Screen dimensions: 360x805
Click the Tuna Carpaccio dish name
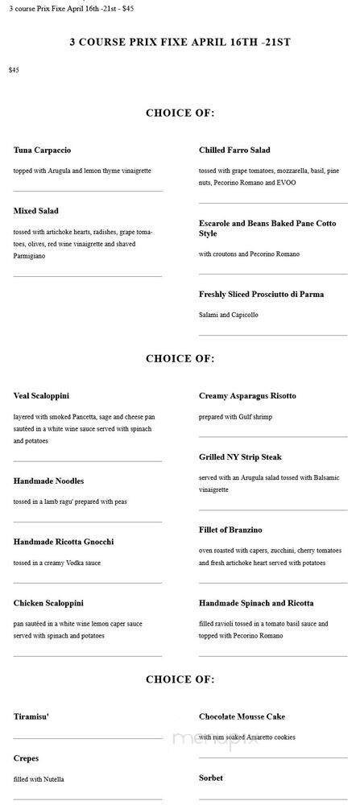click(43, 151)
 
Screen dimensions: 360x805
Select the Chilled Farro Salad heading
click(234, 151)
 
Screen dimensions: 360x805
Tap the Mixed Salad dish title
click(36, 211)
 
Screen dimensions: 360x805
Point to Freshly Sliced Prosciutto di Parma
click(261, 295)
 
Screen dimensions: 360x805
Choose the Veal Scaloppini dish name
click(42, 396)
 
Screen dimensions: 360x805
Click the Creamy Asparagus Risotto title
click(247, 396)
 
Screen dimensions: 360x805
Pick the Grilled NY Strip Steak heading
click(241, 457)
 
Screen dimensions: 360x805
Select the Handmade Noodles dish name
click(48, 481)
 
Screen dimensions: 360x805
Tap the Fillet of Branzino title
click(230, 530)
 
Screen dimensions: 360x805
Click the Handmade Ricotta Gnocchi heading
click(64, 542)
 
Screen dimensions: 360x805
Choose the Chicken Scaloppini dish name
click(48, 603)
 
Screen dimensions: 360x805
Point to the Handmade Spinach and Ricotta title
click(256, 603)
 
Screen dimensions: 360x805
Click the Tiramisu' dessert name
click(31, 716)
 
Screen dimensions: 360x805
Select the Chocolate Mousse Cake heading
click(242, 716)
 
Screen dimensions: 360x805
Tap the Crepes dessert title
click(26, 758)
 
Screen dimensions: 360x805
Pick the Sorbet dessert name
click(211, 778)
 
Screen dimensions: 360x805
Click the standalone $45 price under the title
click(14, 71)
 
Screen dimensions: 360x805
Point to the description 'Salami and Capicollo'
click(228, 315)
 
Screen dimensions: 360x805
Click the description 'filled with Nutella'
click(39, 779)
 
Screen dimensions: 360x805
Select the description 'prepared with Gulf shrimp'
click(236, 417)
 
